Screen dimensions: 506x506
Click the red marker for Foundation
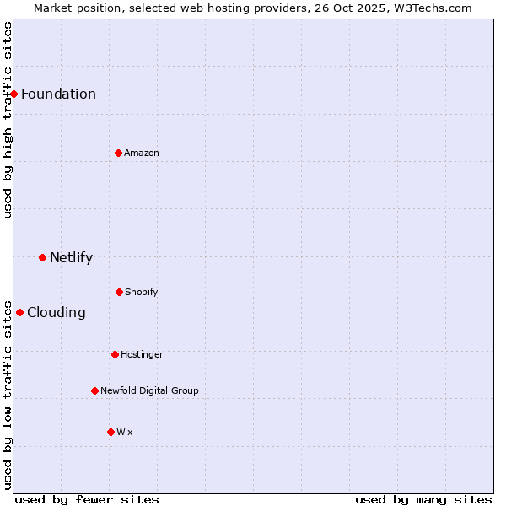(14, 94)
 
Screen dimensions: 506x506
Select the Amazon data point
(118, 153)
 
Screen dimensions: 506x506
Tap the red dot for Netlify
(42, 257)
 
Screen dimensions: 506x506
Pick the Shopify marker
(119, 292)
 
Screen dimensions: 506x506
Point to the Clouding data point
(19, 312)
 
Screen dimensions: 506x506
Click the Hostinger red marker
(115, 354)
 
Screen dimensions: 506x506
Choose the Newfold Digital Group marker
(94, 390)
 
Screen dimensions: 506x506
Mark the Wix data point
(110, 432)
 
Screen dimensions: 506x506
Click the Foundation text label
(58, 94)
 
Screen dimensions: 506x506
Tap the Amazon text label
(142, 153)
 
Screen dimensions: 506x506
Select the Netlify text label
(71, 257)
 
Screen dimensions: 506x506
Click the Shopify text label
(142, 292)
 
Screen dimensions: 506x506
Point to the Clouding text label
(57, 312)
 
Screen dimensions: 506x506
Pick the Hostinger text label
(142, 354)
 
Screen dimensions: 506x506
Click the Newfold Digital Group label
(149, 390)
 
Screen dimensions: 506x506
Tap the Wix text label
(125, 432)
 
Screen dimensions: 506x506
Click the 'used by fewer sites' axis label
(87, 499)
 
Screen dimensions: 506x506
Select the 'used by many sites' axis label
(423, 499)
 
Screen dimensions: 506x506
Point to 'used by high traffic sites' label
(8, 120)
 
